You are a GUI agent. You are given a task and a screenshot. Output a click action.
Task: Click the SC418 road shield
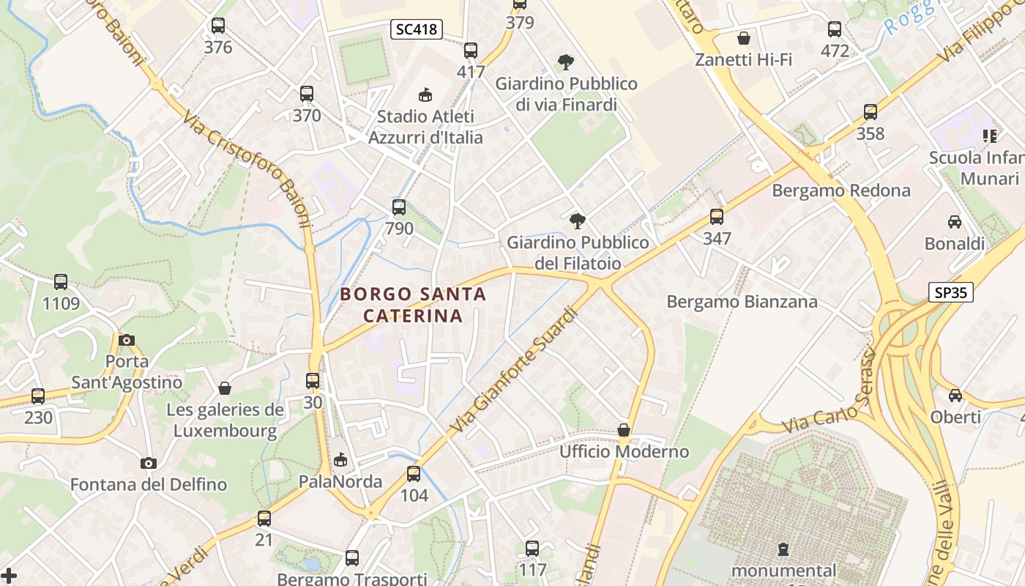[x=416, y=29]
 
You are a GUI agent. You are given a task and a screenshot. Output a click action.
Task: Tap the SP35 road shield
[x=952, y=292]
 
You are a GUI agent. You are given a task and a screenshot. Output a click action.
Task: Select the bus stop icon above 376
[x=218, y=26]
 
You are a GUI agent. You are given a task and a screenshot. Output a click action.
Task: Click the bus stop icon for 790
[x=399, y=207]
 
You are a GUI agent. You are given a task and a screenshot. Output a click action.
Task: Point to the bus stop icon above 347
[x=717, y=217]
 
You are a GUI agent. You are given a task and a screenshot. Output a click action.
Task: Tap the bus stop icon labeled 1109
[x=61, y=282]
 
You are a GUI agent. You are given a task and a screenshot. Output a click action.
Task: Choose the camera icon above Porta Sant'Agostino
[x=127, y=340]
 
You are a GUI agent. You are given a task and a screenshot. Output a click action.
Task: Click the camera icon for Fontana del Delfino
[x=149, y=463]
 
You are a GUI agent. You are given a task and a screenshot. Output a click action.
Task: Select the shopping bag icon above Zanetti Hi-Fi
[x=744, y=38]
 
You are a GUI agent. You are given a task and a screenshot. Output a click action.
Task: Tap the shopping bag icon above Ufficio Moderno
[x=624, y=430]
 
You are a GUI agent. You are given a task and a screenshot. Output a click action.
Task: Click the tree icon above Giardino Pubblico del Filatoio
[x=578, y=220]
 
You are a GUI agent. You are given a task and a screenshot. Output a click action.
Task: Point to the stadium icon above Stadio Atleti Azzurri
[x=425, y=94]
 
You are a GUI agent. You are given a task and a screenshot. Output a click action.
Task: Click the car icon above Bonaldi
[x=955, y=222]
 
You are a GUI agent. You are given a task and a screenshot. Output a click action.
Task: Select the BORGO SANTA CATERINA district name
[x=413, y=305]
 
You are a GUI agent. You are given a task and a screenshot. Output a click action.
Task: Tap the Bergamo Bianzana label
[x=742, y=301]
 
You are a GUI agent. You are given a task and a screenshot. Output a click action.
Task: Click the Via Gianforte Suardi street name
[x=515, y=369]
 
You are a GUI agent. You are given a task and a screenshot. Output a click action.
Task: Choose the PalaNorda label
[x=340, y=481]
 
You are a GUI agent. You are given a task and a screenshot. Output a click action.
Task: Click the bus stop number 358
[x=871, y=133]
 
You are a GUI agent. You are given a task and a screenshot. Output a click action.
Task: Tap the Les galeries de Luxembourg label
[x=225, y=420]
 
